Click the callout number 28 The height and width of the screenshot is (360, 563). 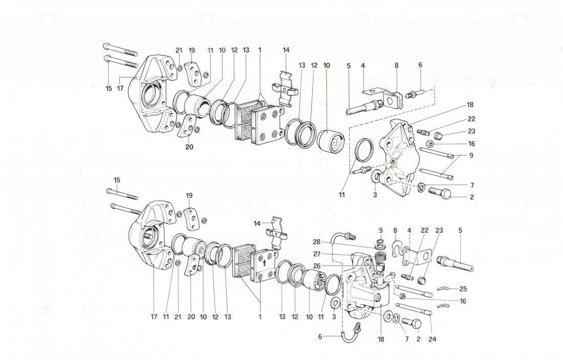tap(316, 242)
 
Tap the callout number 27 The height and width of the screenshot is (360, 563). tap(316, 253)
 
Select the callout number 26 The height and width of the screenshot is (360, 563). tap(316, 266)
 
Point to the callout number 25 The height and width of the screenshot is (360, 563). tap(463, 289)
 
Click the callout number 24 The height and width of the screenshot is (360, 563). tap(432, 339)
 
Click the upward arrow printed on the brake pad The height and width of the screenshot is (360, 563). tap(265, 262)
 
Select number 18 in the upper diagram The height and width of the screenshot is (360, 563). tap(470, 104)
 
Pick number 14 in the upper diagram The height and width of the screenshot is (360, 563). tap(286, 50)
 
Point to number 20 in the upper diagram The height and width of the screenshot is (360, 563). tap(189, 147)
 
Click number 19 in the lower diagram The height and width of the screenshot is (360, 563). tap(189, 196)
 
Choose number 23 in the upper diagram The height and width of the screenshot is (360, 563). tap(471, 132)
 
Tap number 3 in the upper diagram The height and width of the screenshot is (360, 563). tap(375, 195)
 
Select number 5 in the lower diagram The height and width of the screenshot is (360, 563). tap(460, 230)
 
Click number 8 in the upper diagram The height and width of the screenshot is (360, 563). tap(396, 66)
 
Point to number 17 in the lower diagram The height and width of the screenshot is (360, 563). tap(154, 317)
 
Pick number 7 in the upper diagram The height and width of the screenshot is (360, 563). tap(472, 185)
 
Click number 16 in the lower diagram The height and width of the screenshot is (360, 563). tap(463, 301)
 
